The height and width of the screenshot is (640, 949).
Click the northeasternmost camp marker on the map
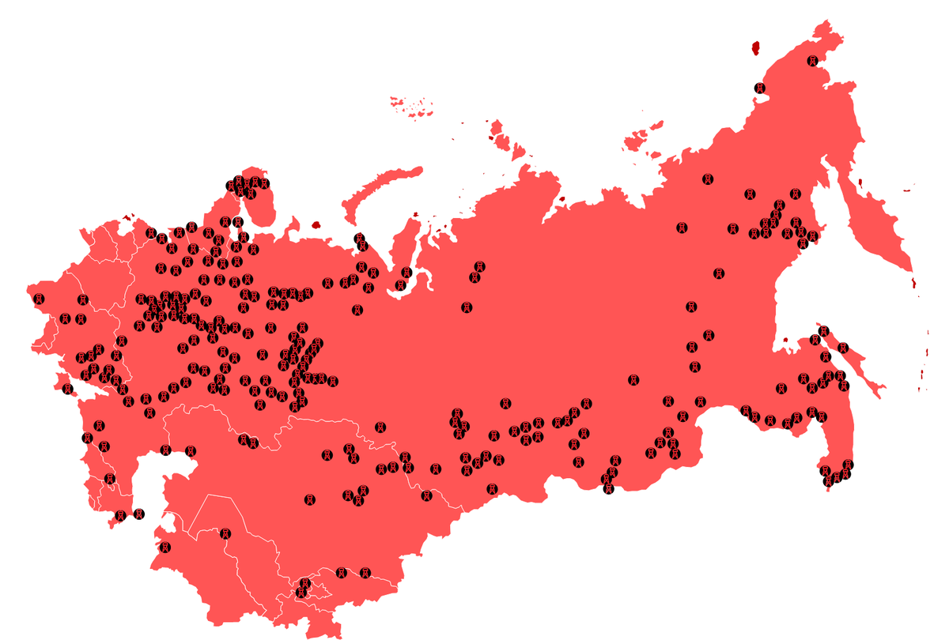(812, 61)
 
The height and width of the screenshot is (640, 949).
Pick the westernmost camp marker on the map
(37, 298)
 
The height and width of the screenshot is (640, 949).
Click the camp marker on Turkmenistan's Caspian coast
(164, 547)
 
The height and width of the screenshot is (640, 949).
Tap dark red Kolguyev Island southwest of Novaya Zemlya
(316, 224)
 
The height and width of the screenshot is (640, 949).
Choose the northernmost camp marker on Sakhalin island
(823, 331)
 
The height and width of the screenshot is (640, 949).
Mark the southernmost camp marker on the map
(301, 592)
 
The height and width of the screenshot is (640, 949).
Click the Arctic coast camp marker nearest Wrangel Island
(760, 88)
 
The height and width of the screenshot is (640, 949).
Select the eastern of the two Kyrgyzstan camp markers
(365, 572)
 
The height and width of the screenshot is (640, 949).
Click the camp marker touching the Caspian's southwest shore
(120, 515)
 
